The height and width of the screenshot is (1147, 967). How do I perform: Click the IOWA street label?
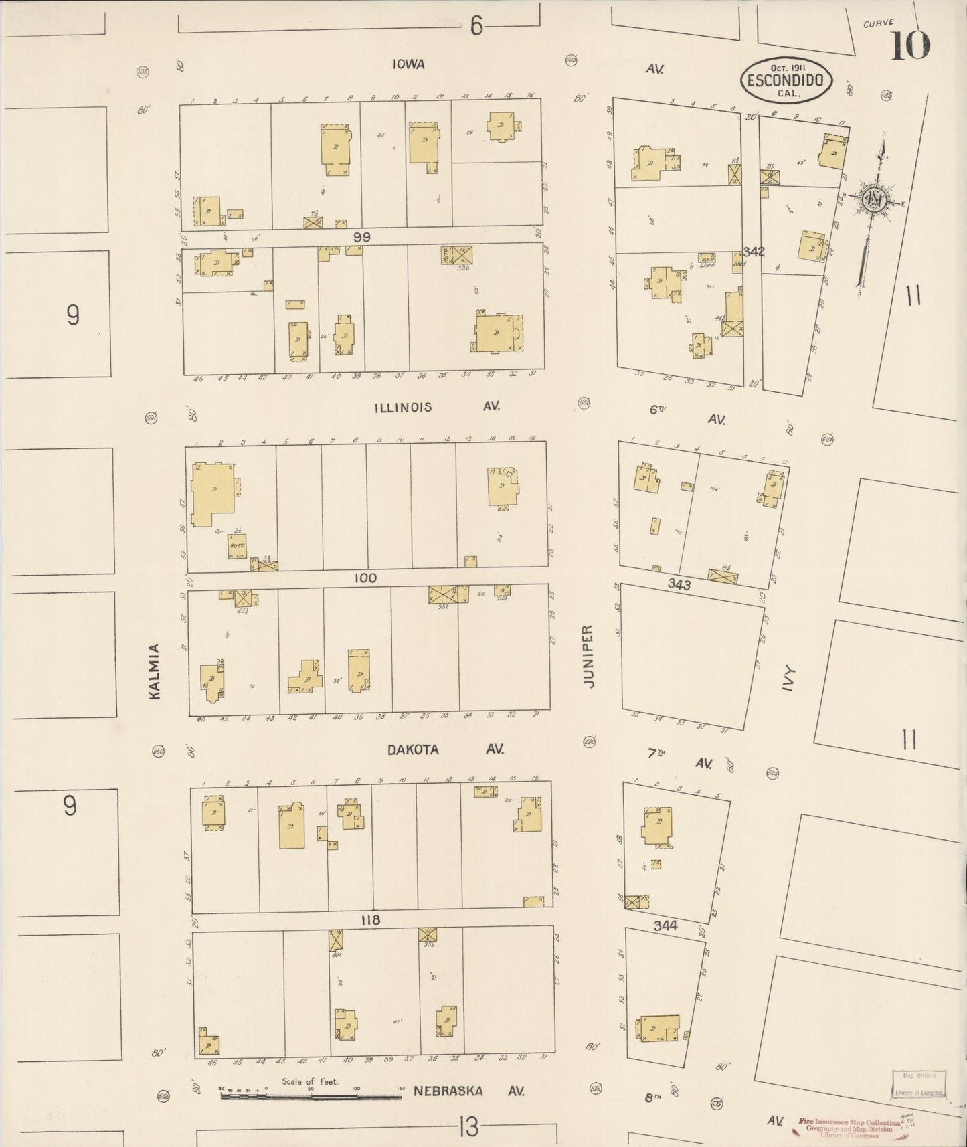409,64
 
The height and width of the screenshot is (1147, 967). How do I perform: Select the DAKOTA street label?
414,749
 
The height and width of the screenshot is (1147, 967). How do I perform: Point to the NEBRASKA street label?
448,1091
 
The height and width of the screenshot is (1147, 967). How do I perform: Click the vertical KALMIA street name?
155,671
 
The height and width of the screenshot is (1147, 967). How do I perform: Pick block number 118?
370,920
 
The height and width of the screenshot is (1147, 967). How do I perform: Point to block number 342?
754,252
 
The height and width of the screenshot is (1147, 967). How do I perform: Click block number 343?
679,584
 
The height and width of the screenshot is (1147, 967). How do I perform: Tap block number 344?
666,925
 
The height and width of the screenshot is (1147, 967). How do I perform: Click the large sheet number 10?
909,46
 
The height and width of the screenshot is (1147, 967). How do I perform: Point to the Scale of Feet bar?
311,1096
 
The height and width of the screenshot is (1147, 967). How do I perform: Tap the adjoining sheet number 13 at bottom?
469,1128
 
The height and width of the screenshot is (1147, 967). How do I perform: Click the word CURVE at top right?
879,23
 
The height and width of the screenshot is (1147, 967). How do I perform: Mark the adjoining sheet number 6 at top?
476,26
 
